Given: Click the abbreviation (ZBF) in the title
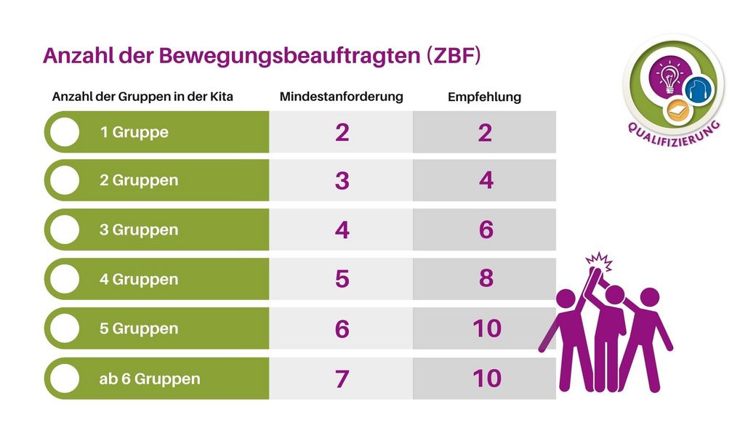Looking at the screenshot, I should (454, 56).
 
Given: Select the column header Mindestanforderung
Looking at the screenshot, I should (341, 96).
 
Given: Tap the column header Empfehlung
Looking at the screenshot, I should (484, 97).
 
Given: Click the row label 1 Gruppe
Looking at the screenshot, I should (134, 132).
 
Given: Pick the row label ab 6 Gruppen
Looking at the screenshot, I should (150, 379).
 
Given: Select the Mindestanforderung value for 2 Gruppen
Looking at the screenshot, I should (342, 181).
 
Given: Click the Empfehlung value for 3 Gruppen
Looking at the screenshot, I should (486, 230).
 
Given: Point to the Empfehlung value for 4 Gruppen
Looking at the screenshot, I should (486, 278).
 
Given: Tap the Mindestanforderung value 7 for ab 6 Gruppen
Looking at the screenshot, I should (342, 379).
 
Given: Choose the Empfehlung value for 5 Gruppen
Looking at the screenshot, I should (486, 328).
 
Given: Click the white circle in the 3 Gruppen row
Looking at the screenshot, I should (65, 230).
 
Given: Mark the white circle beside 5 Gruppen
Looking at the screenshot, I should (65, 328).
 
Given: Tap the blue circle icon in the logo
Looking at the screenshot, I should (699, 89).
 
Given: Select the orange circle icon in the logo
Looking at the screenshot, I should (677, 111).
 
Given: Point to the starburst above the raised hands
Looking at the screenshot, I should (597, 259).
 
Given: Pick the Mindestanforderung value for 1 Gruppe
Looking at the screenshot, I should (342, 132).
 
